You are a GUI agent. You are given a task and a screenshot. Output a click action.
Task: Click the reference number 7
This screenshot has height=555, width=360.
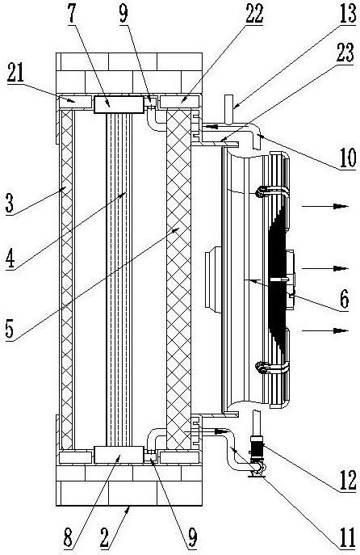click(x=72, y=13)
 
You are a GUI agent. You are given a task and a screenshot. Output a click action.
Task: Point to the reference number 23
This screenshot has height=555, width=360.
click(x=345, y=53)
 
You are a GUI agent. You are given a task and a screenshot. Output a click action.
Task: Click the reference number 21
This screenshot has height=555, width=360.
click(x=15, y=74)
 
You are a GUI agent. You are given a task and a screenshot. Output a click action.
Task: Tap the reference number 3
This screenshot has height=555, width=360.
click(x=10, y=203)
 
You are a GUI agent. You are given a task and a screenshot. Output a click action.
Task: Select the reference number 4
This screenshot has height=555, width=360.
click(x=10, y=259)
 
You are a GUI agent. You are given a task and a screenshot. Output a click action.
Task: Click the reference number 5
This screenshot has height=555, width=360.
click(x=10, y=329)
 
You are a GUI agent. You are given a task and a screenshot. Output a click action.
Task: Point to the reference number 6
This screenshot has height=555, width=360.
click(x=345, y=299)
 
